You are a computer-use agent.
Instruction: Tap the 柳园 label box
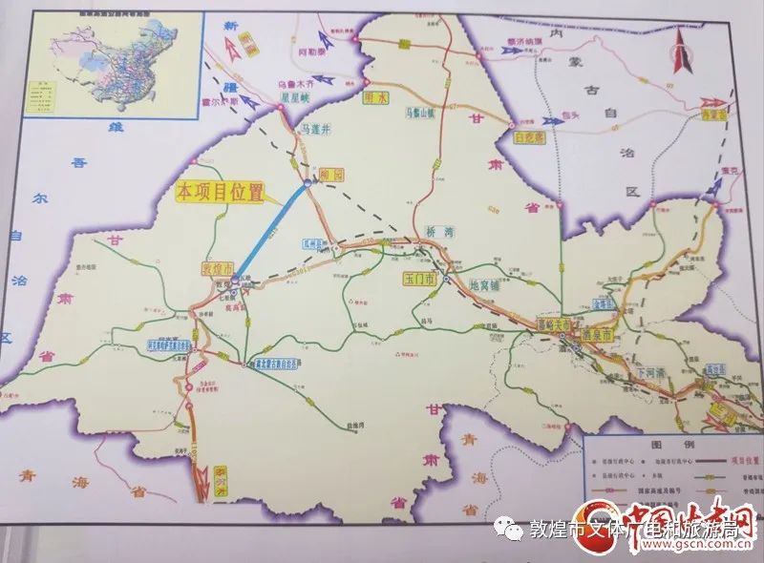[331, 174]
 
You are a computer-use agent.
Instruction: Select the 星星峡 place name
[289, 95]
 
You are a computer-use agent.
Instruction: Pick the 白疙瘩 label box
[530, 136]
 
